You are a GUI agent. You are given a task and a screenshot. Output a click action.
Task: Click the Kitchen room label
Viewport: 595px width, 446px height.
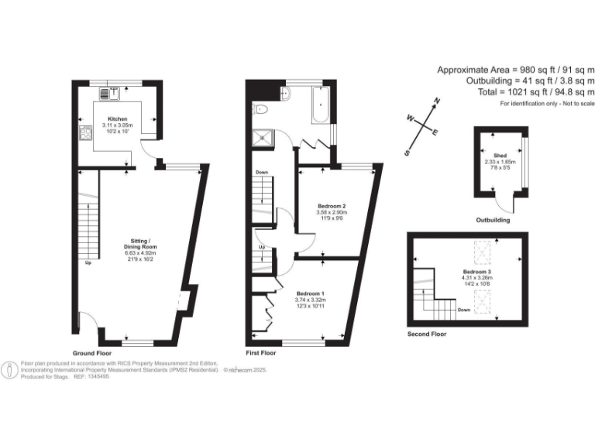[x=114, y=120]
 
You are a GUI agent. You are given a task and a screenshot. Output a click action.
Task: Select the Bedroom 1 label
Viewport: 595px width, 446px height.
[x=310, y=295]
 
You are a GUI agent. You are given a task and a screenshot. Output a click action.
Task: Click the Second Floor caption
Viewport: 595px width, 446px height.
[x=427, y=334]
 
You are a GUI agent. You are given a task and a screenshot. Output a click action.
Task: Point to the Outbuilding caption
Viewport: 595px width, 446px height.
[x=493, y=221]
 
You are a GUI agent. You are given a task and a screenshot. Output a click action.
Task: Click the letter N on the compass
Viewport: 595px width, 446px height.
[x=437, y=101]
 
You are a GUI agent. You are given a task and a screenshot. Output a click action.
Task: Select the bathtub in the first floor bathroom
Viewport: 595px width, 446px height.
[x=321, y=105]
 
